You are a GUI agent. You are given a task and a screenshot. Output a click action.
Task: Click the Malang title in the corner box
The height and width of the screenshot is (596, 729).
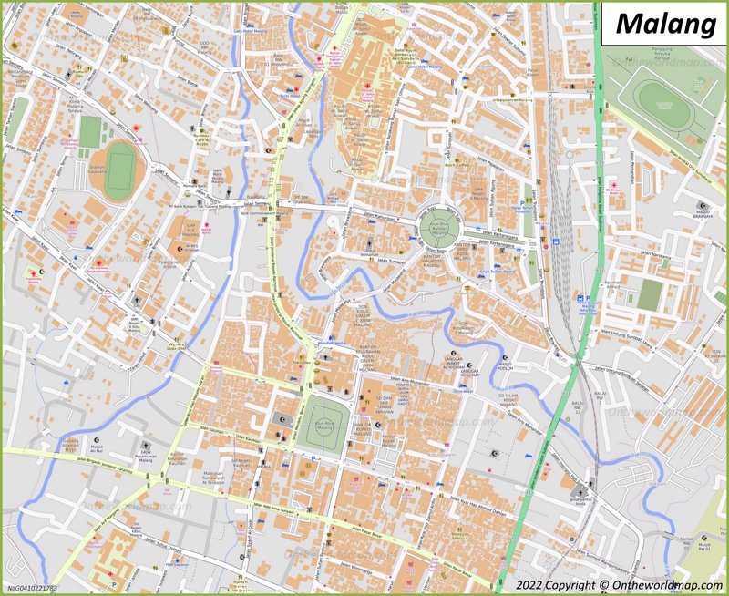pyautogui.click(x=665, y=24)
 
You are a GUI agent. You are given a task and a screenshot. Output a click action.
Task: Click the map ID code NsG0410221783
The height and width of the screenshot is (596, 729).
pyautogui.click(x=32, y=589)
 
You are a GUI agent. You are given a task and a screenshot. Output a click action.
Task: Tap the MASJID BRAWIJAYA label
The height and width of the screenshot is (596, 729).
pyautogui.click(x=703, y=215)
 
